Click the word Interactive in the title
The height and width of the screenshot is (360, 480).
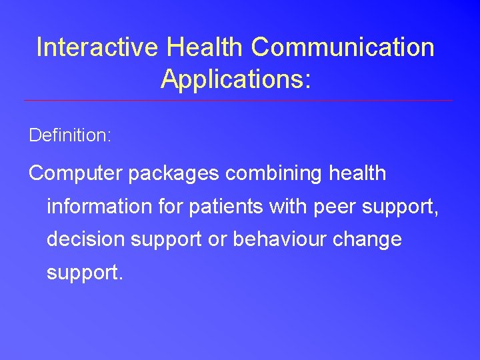point(98,47)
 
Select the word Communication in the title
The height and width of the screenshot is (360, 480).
point(343,47)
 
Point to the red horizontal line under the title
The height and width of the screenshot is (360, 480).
point(238,101)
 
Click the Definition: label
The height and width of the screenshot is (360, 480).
point(70,135)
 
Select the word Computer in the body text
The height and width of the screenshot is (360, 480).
point(75,173)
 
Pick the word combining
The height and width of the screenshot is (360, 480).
point(274,173)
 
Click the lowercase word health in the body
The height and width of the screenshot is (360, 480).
point(358,173)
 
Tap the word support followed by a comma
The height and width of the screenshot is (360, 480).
point(402,207)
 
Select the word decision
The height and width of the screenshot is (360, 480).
point(87,239)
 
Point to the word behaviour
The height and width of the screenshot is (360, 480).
point(283,239)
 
